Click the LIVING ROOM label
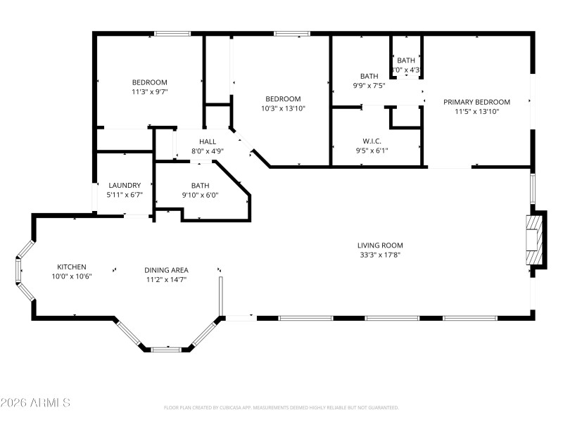pos(380,245)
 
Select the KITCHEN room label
pos(72,267)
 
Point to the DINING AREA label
pos(166,270)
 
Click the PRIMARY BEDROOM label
pos(476,102)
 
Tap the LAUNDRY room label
pos(125,185)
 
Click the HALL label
pos(208,141)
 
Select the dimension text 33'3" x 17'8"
pos(380,255)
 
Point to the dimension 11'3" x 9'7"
pos(149,91)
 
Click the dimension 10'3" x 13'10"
pos(283,108)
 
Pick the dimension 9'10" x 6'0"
pos(201,195)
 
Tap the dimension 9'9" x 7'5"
pos(369,86)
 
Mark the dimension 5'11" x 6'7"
pos(125,195)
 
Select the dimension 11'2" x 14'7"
pos(166,280)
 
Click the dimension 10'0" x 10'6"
pos(72,276)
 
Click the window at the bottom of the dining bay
pos(166,348)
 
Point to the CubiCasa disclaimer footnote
pos(281,407)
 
